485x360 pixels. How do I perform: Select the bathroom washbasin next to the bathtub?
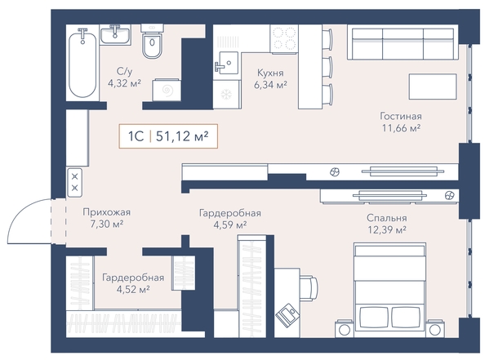point(115,35)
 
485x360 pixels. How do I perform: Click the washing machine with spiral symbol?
point(167,90)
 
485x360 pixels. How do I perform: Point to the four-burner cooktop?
point(284,39)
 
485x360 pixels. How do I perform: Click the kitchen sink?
point(227,64)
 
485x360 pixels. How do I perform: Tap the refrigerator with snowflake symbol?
point(227,94)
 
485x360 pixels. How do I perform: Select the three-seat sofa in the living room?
point(403,42)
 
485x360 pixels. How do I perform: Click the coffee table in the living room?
point(433,87)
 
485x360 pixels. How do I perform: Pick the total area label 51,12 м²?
point(182,136)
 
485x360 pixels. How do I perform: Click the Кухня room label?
point(270,73)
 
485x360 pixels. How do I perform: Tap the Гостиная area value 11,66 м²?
point(401,127)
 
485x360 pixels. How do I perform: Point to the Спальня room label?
point(387,218)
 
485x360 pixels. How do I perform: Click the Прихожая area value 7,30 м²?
point(107,224)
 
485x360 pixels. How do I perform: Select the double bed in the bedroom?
point(389,290)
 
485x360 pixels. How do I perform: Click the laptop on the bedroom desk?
point(287,313)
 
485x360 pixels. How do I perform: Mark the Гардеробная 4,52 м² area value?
point(133,290)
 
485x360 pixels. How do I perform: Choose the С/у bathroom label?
point(124,72)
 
